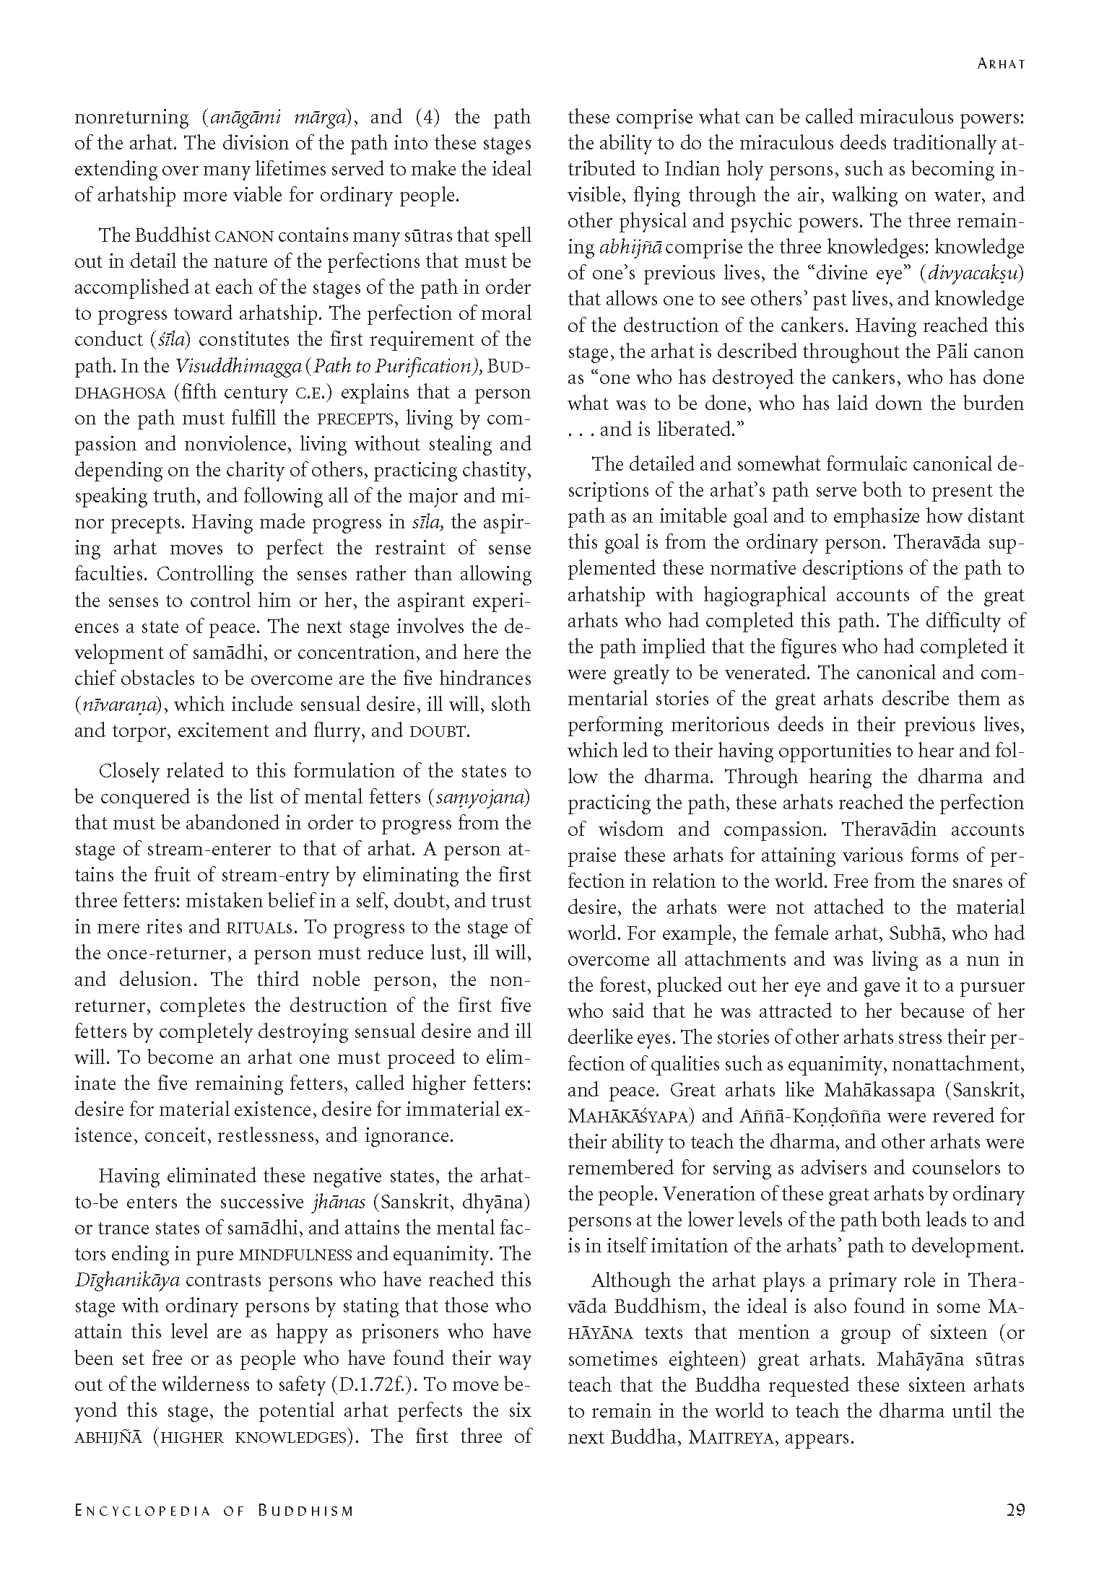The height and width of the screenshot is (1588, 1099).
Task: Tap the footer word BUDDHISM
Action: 306,1511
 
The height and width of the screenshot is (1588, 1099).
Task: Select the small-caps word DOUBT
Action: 438,732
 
